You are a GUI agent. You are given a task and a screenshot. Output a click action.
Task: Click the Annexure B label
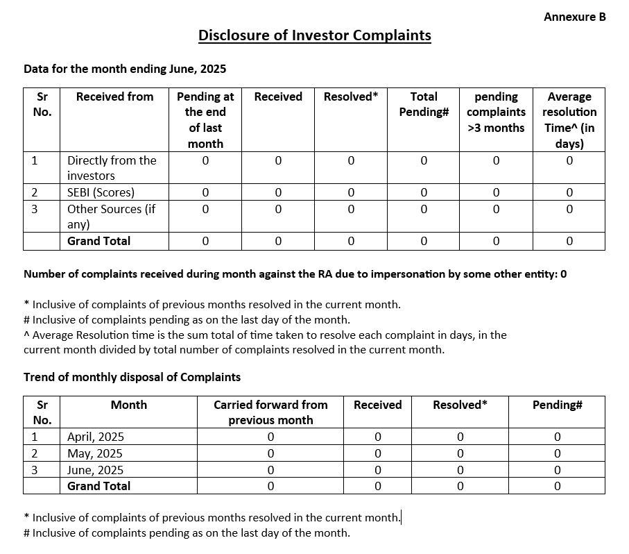point(574,17)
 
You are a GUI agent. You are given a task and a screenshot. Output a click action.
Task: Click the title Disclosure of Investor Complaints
point(314,35)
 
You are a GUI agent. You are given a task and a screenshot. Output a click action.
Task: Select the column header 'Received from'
point(114,96)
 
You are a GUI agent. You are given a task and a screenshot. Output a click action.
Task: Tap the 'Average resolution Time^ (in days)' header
point(569,120)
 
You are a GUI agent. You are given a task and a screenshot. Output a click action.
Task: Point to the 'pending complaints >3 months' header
point(496,112)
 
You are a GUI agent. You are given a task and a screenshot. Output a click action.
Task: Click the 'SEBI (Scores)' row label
point(101,192)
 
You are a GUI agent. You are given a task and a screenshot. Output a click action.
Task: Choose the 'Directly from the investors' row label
point(112,168)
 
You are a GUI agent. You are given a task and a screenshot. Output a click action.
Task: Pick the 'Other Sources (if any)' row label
point(111,216)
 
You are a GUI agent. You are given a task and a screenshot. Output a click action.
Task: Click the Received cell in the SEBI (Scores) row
point(278,192)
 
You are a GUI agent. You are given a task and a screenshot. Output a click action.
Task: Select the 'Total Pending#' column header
point(424,104)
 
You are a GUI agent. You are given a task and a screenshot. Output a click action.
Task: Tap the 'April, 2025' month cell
point(96,437)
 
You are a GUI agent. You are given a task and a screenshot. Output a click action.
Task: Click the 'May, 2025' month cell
point(94,453)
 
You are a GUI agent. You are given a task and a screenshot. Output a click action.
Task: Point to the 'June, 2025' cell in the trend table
point(95,470)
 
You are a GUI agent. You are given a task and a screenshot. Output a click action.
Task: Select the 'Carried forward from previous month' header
point(270,412)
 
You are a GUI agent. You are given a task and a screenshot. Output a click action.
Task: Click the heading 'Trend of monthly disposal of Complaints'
point(132,377)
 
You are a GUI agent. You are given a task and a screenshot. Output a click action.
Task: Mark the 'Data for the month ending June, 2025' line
point(125,69)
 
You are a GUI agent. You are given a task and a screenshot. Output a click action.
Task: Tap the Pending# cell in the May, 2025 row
point(557,453)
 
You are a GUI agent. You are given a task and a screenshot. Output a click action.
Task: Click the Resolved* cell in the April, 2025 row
point(460,437)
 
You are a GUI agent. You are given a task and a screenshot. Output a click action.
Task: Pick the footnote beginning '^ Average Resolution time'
point(265,342)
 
